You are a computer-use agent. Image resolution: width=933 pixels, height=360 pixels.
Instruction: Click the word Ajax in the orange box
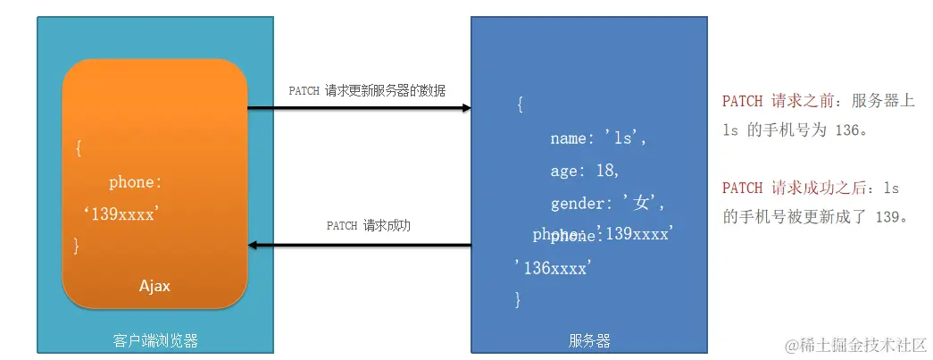click(154, 287)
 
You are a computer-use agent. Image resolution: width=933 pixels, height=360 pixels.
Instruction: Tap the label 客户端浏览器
click(155, 340)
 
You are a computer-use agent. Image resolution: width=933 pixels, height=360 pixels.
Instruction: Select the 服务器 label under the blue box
click(589, 340)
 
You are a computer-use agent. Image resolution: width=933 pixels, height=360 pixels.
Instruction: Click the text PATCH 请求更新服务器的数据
click(367, 91)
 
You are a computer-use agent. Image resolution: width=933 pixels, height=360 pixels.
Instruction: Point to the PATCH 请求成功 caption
click(368, 226)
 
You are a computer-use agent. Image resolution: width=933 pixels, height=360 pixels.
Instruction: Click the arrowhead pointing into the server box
click(465, 108)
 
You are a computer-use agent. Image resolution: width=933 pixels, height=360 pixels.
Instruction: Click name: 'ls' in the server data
click(597, 138)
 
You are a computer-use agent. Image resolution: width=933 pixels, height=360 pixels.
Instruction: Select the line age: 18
click(585, 171)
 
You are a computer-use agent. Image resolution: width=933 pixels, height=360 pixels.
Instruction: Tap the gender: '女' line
click(608, 204)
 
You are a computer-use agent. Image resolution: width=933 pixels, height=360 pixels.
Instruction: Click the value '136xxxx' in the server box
click(554, 267)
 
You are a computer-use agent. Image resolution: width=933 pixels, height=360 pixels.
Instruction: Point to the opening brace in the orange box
click(79, 149)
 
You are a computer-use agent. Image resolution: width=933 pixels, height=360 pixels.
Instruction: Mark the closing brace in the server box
click(518, 300)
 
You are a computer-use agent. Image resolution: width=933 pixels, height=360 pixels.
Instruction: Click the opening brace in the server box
click(521, 105)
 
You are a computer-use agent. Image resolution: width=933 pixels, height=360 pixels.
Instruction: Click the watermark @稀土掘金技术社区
click(855, 344)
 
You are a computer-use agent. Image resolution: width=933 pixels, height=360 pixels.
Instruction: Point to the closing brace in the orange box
click(77, 245)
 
